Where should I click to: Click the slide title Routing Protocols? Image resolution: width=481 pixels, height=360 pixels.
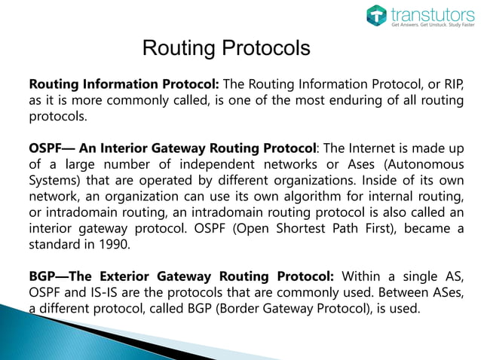point(226,49)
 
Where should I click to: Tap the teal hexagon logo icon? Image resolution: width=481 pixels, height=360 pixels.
point(376,15)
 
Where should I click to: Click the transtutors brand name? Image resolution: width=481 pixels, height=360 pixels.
point(426,13)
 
